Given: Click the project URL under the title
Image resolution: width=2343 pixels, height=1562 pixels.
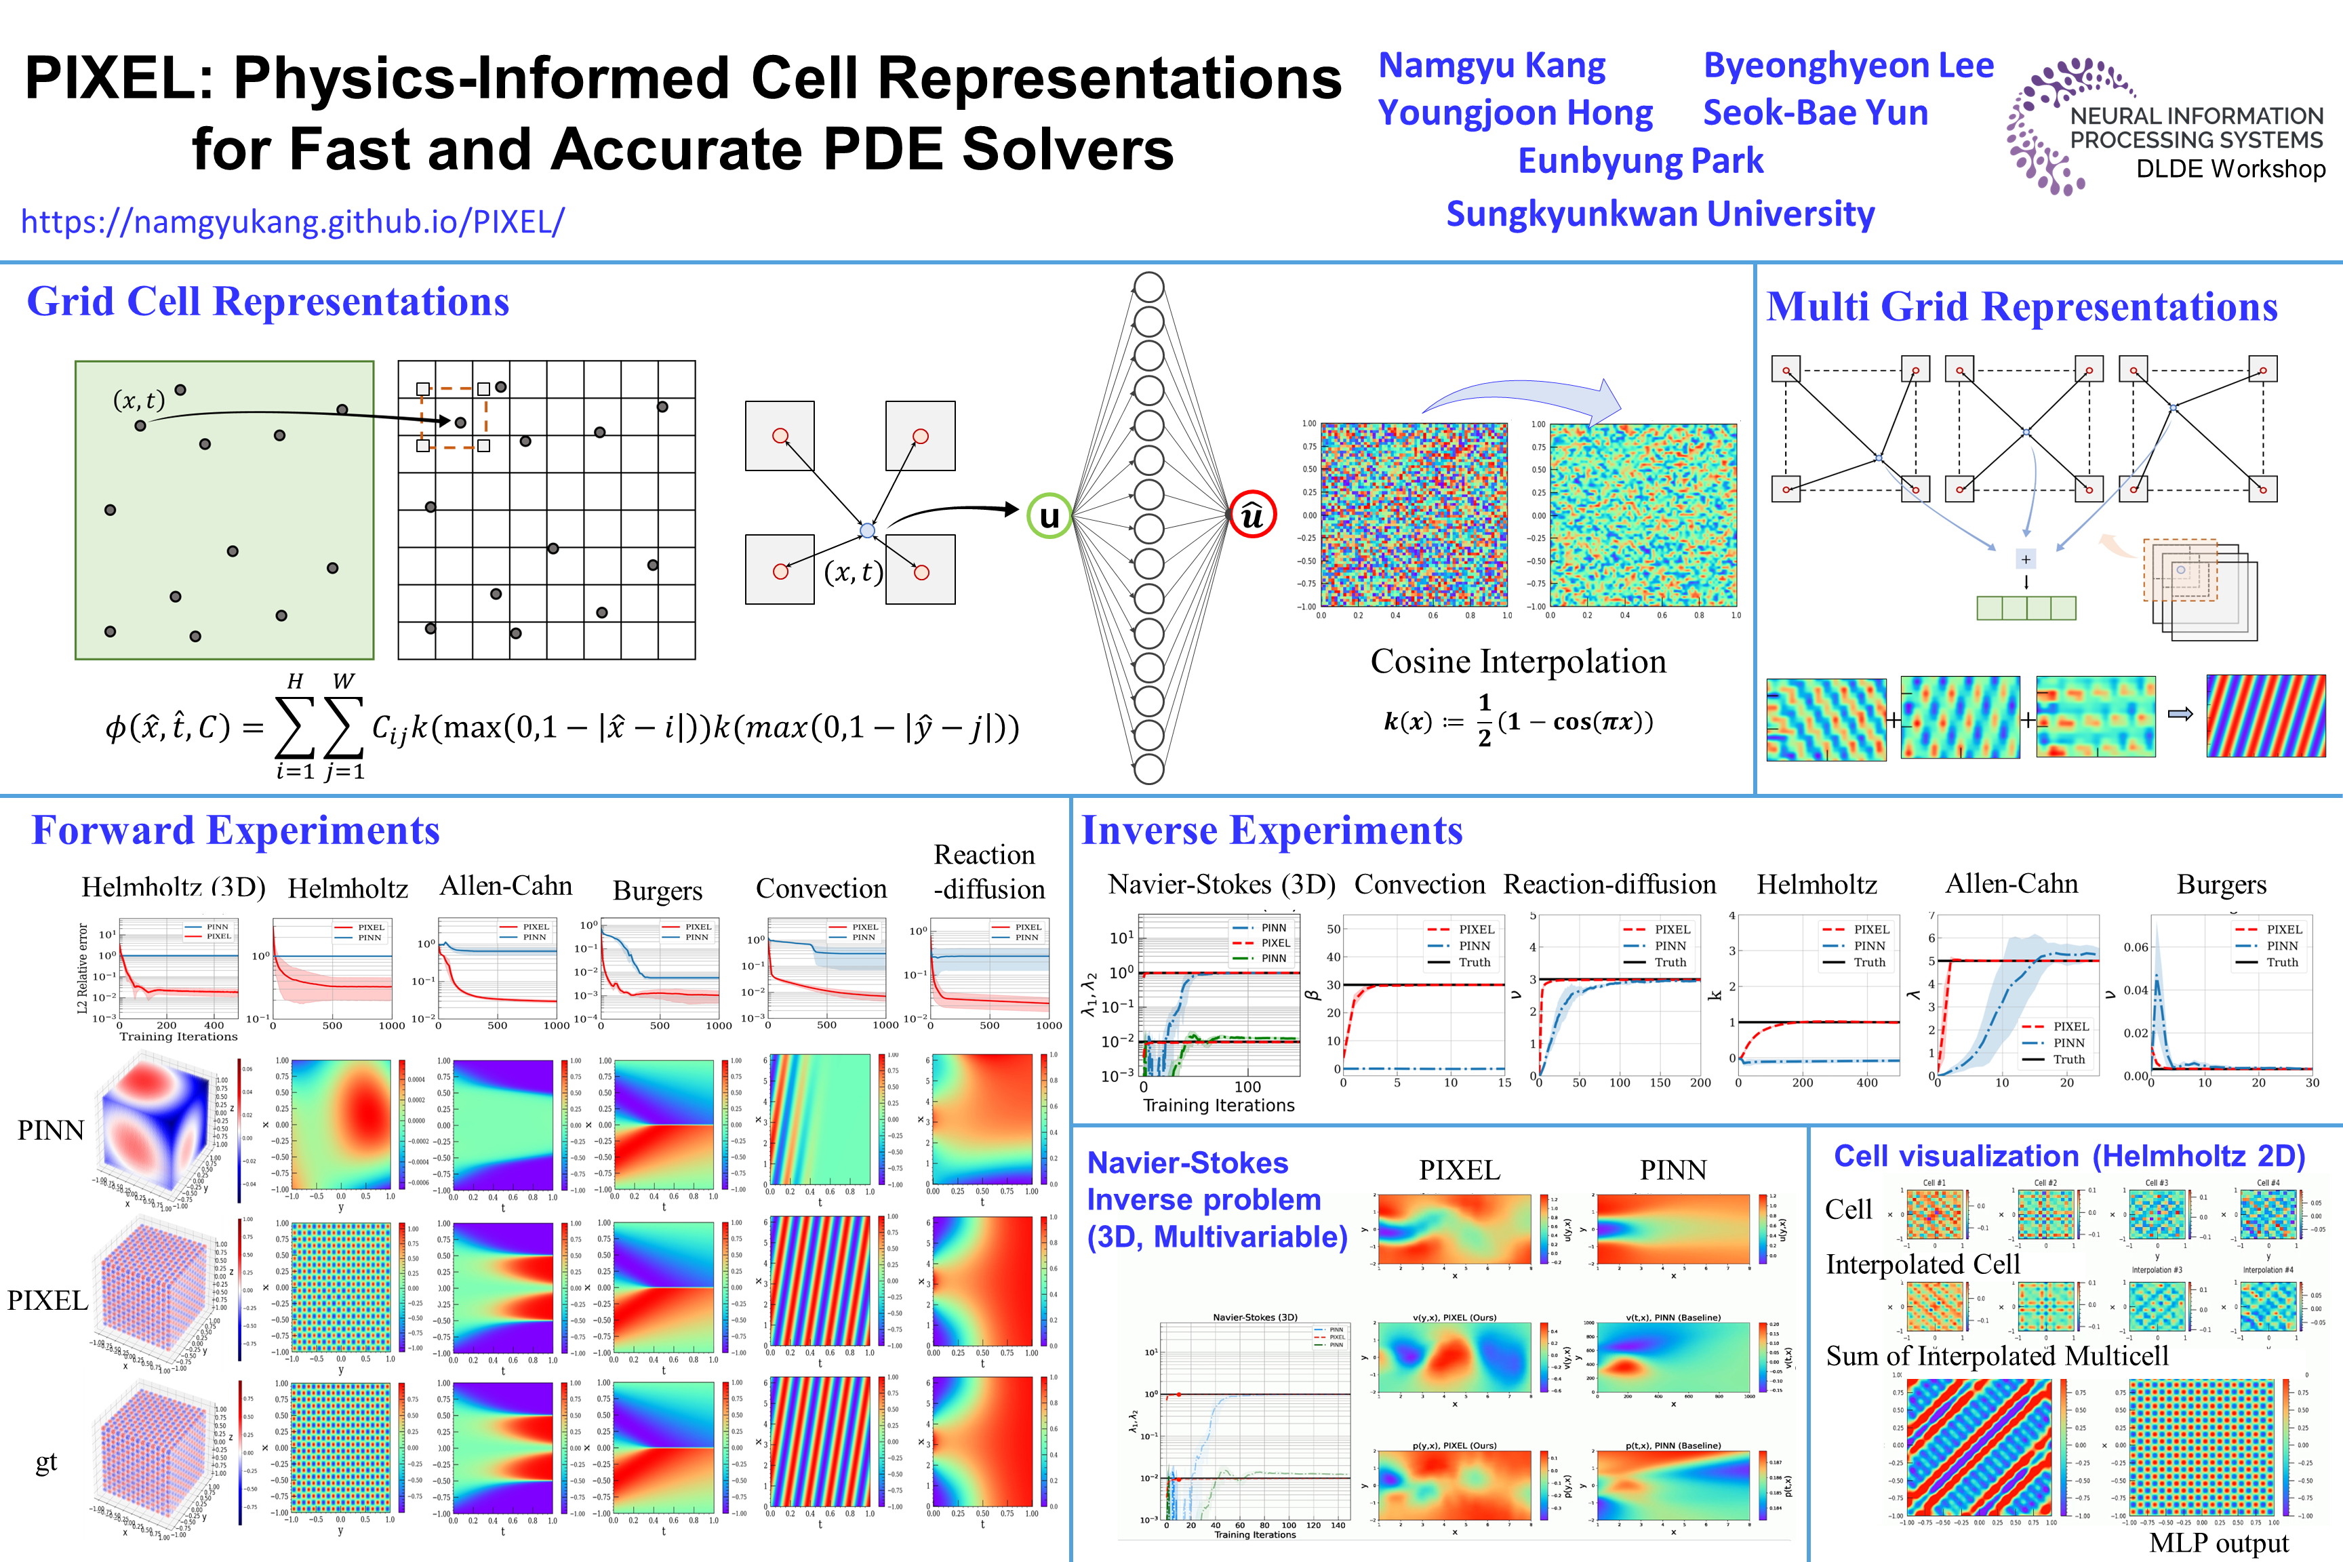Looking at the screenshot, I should (x=292, y=221).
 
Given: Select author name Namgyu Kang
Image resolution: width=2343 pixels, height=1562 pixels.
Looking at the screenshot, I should (x=1491, y=66).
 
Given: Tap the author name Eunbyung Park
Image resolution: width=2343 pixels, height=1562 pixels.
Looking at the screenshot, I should (x=1640, y=161).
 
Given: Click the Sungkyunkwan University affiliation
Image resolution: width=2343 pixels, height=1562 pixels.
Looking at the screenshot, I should (x=1660, y=214).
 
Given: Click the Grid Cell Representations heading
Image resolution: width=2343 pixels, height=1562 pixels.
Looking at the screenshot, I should (x=267, y=302).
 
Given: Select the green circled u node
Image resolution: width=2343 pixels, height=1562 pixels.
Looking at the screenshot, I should (x=1049, y=516).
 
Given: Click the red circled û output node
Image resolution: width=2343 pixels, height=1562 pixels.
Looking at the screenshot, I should (x=1252, y=515).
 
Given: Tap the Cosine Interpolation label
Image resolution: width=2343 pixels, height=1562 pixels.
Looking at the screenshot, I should (x=1517, y=662).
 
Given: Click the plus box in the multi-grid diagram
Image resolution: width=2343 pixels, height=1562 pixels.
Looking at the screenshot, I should (x=2025, y=559).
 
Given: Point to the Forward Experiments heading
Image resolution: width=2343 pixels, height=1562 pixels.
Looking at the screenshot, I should (x=235, y=830).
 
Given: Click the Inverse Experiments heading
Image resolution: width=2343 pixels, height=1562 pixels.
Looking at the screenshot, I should (x=1272, y=830).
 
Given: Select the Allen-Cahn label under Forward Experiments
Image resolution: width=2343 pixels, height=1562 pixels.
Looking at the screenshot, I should (x=506, y=885).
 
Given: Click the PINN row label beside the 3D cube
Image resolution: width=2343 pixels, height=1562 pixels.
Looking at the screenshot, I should (x=51, y=1131).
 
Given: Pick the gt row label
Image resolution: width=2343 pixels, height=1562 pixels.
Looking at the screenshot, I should (x=46, y=1462).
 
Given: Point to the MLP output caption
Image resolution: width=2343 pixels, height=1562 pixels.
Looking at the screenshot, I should (x=2218, y=1543).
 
